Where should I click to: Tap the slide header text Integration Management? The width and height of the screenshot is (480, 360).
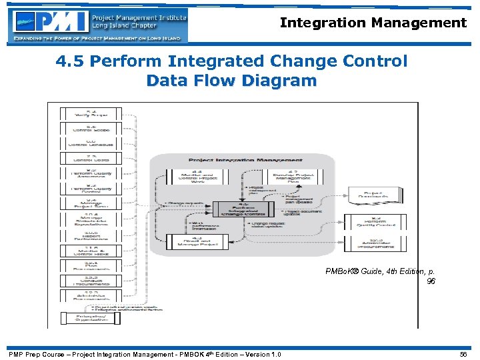[x=373, y=23]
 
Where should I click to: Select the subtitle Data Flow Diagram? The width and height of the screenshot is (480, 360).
[x=231, y=81]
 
